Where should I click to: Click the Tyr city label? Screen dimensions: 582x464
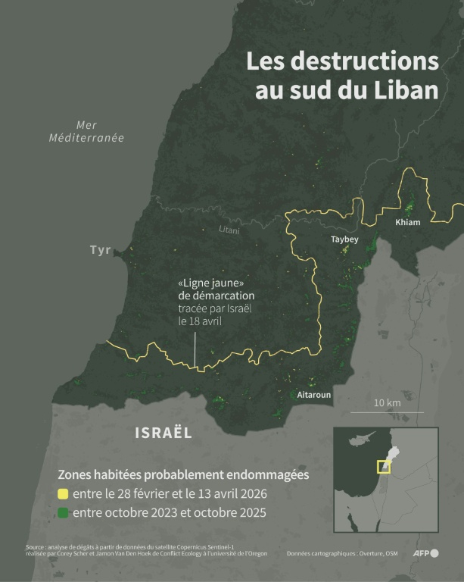coord(100,250)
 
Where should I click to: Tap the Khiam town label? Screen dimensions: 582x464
coord(407,222)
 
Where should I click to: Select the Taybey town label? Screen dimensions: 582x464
coord(344,239)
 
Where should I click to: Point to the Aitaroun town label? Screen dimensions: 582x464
coord(314,395)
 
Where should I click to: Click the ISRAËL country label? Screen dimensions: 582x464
coord(163,433)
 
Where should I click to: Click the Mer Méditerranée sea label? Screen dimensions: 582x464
coord(86,132)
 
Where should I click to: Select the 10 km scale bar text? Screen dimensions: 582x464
coord(387,402)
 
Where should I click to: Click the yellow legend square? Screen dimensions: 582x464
coord(64,494)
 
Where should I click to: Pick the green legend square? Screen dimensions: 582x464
coord(64,513)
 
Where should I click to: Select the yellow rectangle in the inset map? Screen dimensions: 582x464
coord(384,467)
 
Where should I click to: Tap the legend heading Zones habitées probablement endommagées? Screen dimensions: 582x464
coord(184,474)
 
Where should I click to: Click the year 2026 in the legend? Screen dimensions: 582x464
coord(250,494)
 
